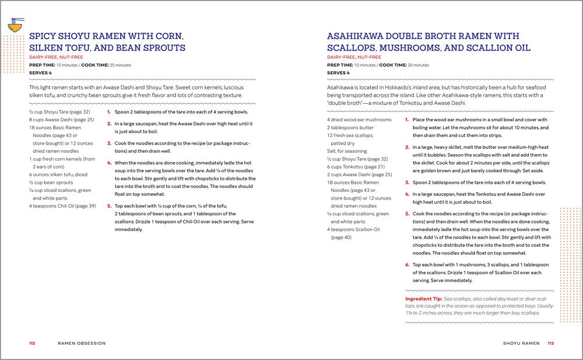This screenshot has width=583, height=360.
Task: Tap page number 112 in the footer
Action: [32, 343]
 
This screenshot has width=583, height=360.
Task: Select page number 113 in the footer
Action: [550, 343]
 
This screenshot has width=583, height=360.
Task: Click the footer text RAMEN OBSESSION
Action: [82, 343]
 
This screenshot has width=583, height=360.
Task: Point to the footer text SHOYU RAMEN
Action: [521, 343]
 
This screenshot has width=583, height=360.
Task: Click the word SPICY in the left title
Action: [44, 35]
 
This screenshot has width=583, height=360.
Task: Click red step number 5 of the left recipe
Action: [109, 206]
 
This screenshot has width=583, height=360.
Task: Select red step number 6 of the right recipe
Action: [407, 264]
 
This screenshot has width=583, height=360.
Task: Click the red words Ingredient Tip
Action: [423, 299]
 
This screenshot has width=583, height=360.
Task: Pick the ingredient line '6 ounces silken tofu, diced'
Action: [58, 174]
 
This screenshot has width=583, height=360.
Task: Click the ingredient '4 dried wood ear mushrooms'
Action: [359, 120]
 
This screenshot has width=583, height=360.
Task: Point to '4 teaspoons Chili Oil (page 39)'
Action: [62, 206]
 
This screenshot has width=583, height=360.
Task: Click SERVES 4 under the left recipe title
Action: [40, 72]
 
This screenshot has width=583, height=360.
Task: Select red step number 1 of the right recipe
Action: [407, 120]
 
